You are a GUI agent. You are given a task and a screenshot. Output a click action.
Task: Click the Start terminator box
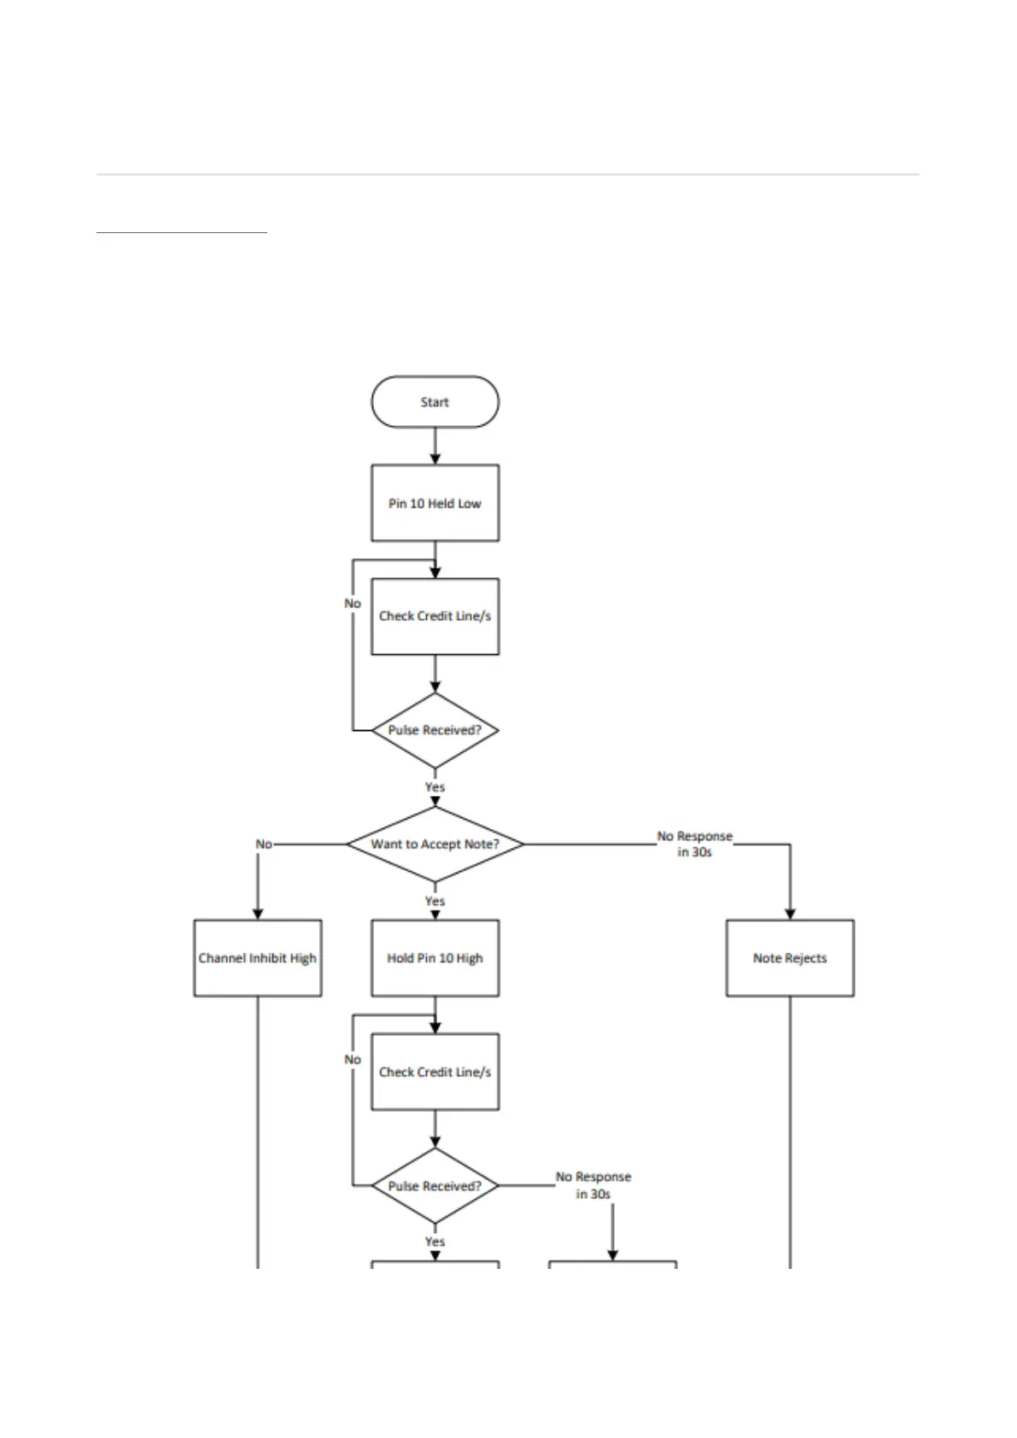[435, 402]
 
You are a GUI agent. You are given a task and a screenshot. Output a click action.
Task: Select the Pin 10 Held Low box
[435, 503]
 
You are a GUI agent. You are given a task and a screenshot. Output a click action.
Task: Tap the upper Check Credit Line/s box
[435, 617]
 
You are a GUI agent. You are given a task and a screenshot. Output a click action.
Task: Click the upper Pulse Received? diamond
[435, 730]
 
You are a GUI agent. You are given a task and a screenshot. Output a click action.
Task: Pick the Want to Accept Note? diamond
[435, 844]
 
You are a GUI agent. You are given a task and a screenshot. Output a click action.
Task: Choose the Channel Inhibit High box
[257, 958]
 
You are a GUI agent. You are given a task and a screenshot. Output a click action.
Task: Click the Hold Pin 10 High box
[435, 958]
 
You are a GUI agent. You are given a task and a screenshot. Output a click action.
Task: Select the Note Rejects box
[790, 958]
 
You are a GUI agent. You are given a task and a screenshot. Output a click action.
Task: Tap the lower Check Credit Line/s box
[435, 1072]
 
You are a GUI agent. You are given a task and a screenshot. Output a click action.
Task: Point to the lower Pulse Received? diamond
[435, 1186]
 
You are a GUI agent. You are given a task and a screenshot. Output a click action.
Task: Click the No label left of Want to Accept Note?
[264, 844]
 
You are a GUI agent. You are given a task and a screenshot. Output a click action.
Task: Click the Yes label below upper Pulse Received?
[435, 786]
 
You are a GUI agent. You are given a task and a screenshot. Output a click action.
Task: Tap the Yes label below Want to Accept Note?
[435, 901]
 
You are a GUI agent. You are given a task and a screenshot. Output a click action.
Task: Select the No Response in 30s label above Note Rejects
[694, 844]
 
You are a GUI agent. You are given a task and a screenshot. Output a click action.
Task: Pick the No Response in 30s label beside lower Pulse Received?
[593, 1185]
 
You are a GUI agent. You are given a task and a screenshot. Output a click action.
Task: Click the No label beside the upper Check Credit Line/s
[353, 604]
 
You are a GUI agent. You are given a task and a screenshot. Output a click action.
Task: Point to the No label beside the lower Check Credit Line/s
[353, 1060]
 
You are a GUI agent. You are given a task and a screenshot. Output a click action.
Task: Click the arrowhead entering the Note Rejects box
[790, 914]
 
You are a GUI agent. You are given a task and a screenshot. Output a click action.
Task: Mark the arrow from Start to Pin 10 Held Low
[435, 446]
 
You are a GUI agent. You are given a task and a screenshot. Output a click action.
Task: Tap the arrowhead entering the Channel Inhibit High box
[258, 914]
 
